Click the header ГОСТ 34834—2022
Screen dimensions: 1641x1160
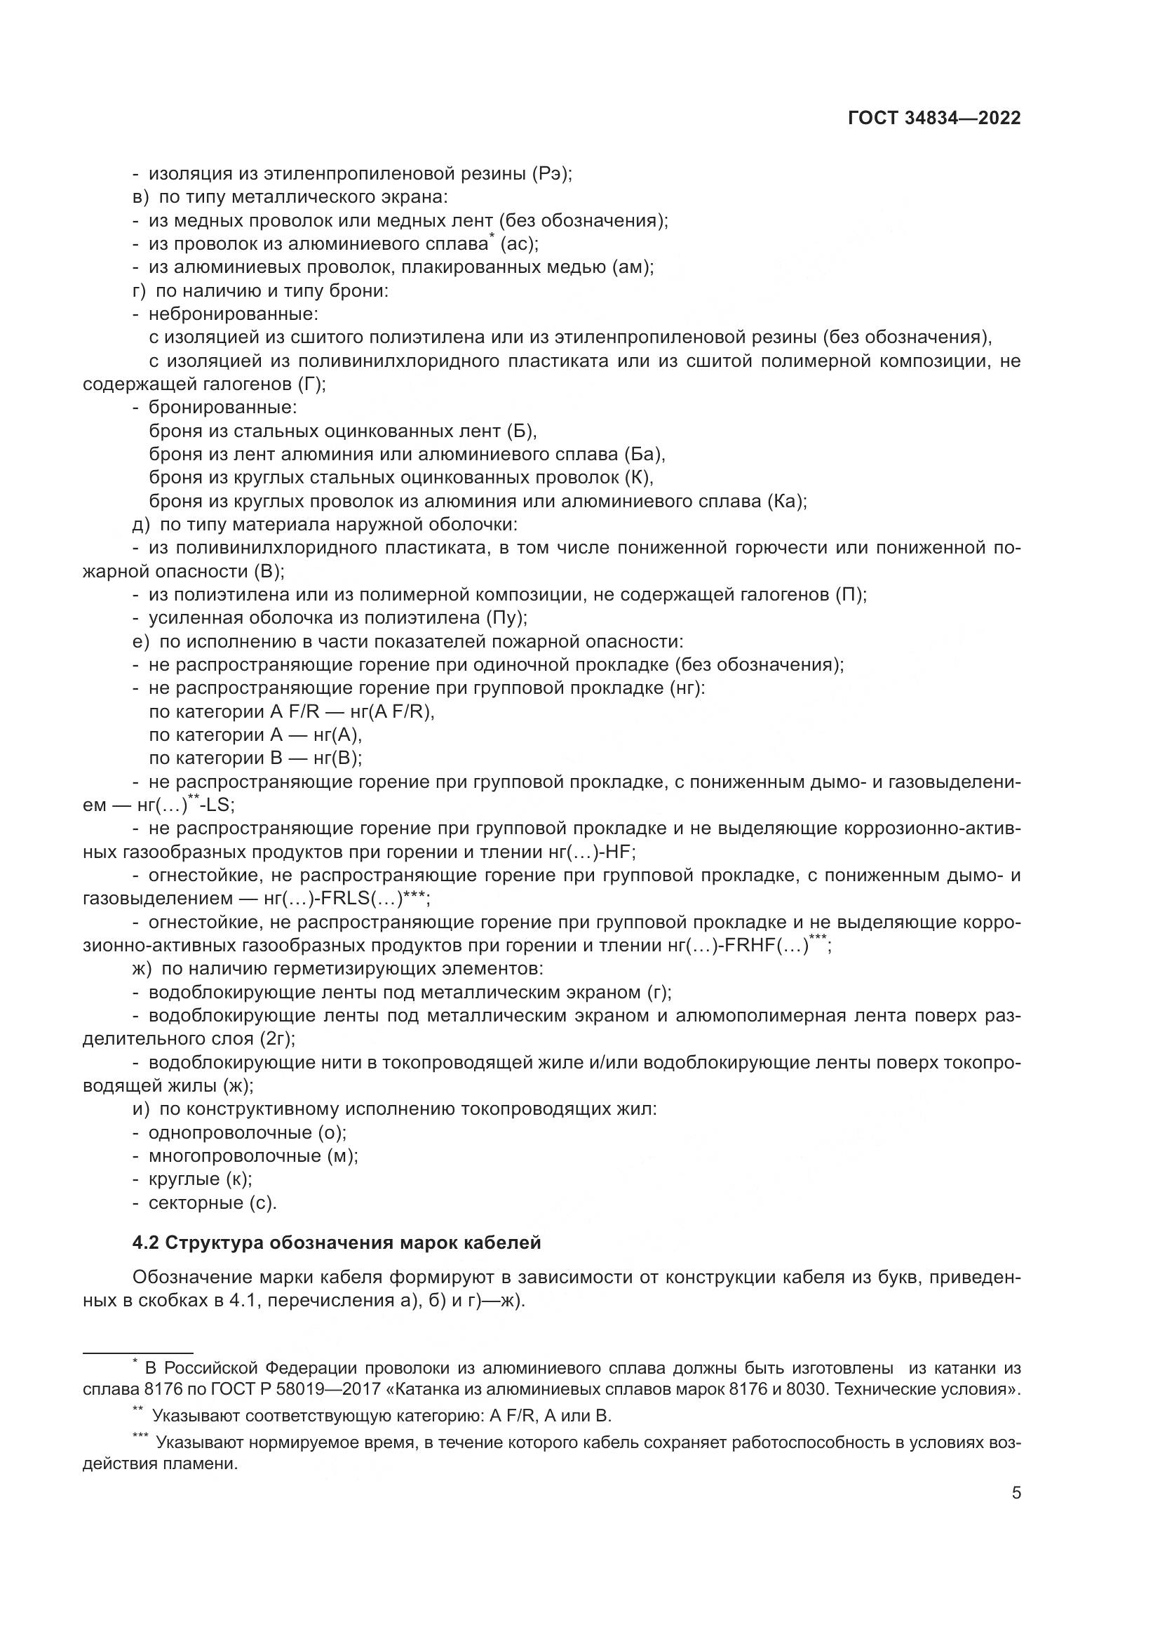point(934,119)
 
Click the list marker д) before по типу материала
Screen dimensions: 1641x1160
point(142,525)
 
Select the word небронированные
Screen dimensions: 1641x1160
point(233,314)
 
